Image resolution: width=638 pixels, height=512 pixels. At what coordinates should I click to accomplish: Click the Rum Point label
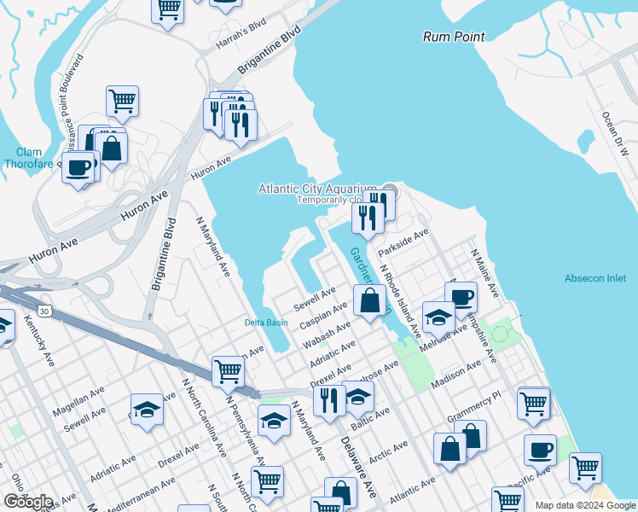click(x=454, y=37)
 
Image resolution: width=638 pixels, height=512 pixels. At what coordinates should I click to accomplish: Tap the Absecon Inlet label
click(x=595, y=278)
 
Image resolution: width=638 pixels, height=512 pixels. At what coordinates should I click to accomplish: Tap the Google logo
click(x=28, y=502)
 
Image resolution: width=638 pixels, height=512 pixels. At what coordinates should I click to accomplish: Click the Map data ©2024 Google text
click(x=584, y=505)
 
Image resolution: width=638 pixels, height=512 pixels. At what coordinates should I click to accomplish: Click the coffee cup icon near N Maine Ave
click(x=461, y=297)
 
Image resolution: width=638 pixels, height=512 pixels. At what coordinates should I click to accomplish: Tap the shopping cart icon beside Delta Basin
click(x=229, y=371)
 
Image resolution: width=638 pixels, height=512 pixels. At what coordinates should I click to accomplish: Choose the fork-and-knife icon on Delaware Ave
click(x=329, y=399)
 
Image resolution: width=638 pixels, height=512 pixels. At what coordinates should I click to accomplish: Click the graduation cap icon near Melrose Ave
click(x=438, y=317)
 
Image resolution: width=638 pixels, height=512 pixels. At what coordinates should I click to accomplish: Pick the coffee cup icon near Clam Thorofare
click(x=79, y=166)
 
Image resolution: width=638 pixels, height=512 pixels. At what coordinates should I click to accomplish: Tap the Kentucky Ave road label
click(x=39, y=340)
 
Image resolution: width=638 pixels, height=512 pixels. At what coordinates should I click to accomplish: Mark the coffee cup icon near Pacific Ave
click(x=539, y=450)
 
